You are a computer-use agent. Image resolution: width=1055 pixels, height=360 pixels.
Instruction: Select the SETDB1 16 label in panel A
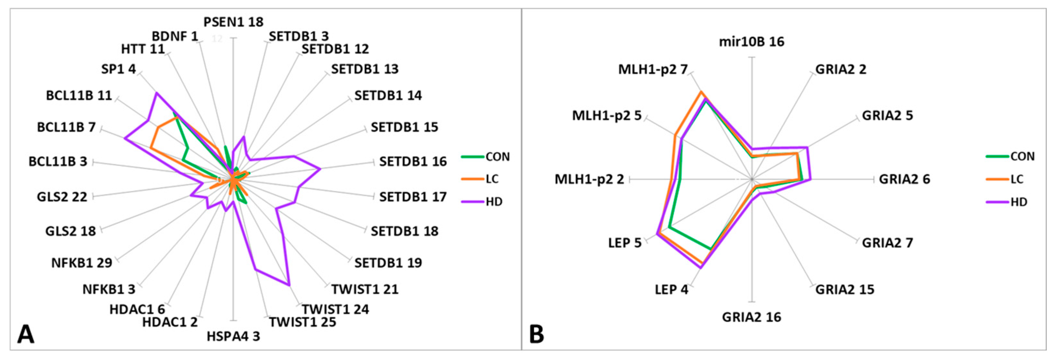(412, 162)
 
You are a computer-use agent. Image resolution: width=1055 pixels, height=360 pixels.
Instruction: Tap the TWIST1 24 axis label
(335, 309)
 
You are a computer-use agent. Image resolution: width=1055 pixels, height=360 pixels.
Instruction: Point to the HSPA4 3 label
(233, 337)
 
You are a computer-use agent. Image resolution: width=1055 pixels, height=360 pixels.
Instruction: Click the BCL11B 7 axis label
(66, 127)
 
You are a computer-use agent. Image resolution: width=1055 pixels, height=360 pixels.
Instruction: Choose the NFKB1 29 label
(82, 263)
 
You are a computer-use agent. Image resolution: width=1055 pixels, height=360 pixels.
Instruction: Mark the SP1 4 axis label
(118, 69)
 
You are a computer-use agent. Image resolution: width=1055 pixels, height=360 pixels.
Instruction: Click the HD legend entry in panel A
(494, 202)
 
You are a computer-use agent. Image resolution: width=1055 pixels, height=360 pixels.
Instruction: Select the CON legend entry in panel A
(497, 157)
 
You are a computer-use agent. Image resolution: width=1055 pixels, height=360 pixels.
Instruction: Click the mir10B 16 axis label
(752, 42)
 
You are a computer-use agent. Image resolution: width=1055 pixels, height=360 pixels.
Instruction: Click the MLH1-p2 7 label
(652, 70)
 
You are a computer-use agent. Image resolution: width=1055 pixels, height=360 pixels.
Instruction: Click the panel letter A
(25, 334)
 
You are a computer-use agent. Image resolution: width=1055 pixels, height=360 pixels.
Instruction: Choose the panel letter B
(537, 334)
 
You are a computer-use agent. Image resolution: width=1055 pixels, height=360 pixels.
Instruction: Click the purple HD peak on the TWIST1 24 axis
(289, 285)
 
